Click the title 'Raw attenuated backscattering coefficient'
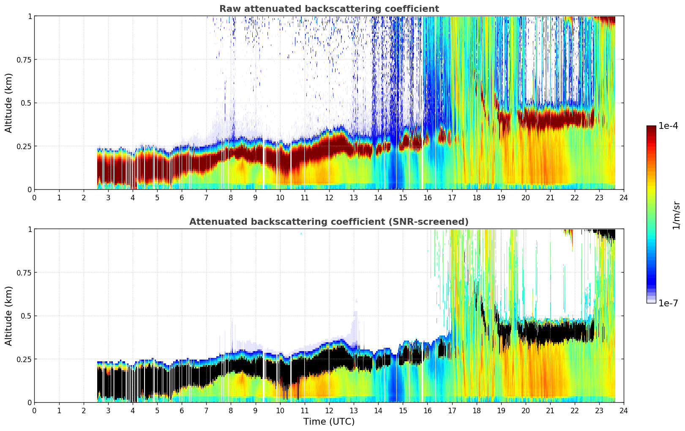(329, 9)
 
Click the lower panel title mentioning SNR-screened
(329, 222)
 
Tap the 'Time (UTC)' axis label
(329, 422)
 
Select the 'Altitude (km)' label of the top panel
(9, 103)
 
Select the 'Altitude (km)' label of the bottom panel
(9, 316)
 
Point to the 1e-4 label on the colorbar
(668, 126)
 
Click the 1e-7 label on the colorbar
(668, 303)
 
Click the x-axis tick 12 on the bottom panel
(329, 411)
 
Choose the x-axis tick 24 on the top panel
(623, 198)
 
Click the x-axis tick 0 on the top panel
(35, 198)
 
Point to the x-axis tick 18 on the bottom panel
(476, 411)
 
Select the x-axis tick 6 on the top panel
(182, 198)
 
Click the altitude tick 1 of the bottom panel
(30, 229)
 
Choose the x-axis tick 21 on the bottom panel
(550, 411)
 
